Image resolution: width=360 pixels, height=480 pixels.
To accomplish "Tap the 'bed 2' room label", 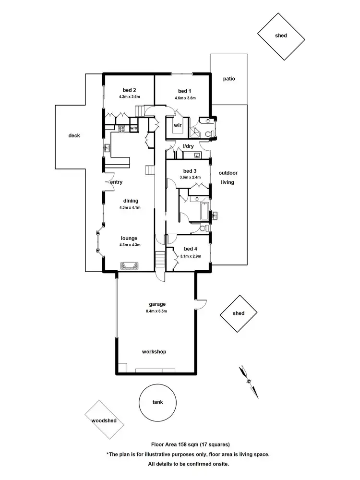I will tap(129, 90).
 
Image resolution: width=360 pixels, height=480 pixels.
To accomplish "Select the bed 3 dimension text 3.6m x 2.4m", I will tap(190, 177).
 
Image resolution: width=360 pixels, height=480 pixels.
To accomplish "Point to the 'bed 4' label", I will tap(190, 249).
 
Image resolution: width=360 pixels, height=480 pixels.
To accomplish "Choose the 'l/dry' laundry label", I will tap(188, 146).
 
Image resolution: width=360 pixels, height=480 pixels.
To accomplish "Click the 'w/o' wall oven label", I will tap(134, 128).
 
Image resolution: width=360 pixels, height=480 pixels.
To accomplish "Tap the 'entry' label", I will tap(116, 182).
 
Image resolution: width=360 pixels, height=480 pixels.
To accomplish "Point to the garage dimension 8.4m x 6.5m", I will tap(157, 311).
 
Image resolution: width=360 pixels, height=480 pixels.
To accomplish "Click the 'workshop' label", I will tap(154, 352).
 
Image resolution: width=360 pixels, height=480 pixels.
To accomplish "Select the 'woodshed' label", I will tap(104, 420).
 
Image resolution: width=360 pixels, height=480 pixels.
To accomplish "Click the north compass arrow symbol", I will tap(249, 381).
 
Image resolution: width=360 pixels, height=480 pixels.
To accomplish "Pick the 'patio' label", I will tap(229, 79).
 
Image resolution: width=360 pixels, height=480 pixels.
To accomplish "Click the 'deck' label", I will tap(74, 136).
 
